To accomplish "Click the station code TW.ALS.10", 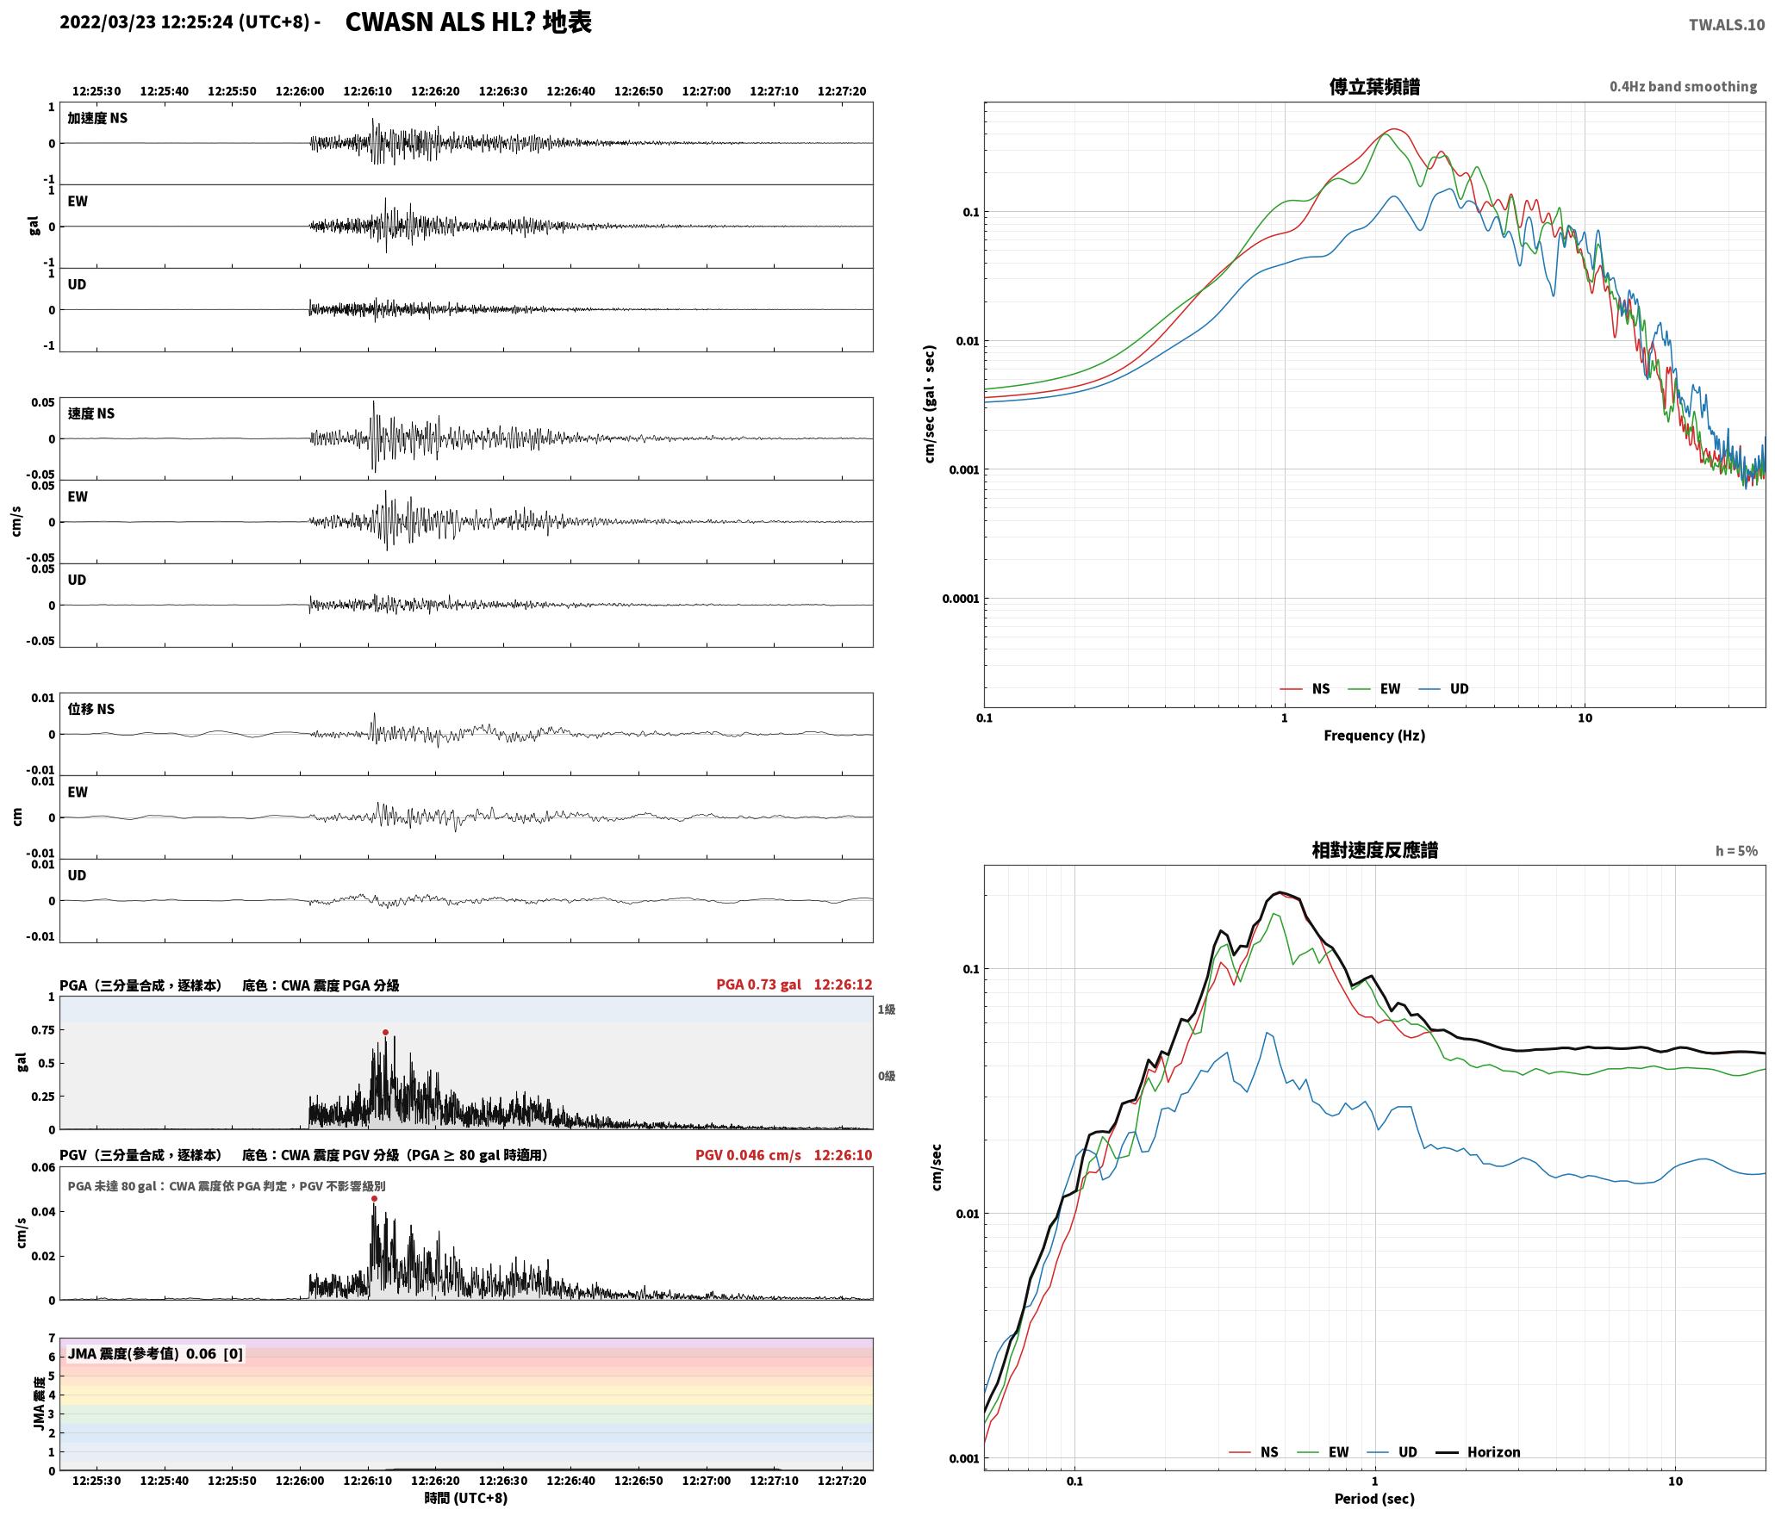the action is (x=1726, y=24).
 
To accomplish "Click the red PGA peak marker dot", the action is (x=385, y=1032).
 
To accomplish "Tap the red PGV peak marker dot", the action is (x=374, y=1198).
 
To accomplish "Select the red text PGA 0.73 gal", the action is (x=758, y=985).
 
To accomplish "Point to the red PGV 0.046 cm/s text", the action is (x=748, y=1154).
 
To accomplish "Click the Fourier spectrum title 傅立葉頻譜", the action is (x=1374, y=86).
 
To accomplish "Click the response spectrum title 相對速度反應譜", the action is (x=1374, y=850).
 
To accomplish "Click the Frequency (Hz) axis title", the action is (x=1374, y=735).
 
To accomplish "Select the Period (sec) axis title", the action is (x=1374, y=1499).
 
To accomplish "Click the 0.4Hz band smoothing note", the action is (x=1683, y=86).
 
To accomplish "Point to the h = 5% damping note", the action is (x=1736, y=851).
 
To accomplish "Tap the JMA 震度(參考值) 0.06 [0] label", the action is (x=155, y=1353).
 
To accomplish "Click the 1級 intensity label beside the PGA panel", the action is (x=887, y=1009).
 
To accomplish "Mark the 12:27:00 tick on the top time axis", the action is (x=706, y=90).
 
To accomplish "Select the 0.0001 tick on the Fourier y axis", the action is (x=961, y=599).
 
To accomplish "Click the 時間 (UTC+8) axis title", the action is (x=465, y=1498).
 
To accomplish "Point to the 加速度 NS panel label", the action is (x=97, y=118).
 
